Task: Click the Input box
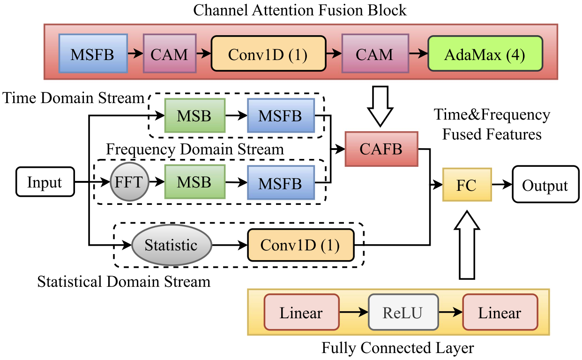[x=45, y=182]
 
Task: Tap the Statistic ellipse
[x=171, y=245]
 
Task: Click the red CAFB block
[x=381, y=149]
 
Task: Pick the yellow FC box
[x=467, y=185]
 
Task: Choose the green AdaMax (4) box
[x=485, y=54]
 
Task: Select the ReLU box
[x=403, y=313]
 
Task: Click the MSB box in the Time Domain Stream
[x=194, y=115]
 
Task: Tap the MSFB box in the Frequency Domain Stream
[x=281, y=183]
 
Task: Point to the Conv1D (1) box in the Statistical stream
[x=300, y=245]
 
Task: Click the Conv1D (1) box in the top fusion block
[x=268, y=54]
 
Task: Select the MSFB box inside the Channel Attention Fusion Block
[x=93, y=54]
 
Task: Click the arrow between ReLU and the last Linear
[x=450, y=313]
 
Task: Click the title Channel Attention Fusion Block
[x=300, y=10]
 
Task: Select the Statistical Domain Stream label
[x=124, y=282]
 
